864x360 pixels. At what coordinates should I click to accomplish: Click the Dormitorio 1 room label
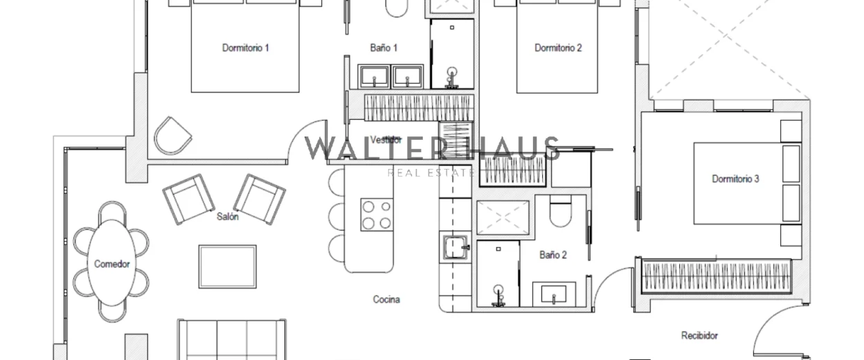click(245, 48)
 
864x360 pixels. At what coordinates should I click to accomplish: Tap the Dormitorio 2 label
click(558, 48)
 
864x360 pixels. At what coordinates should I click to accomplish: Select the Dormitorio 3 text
click(735, 179)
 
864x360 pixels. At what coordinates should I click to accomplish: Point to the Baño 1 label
click(384, 48)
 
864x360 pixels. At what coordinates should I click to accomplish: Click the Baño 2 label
click(553, 255)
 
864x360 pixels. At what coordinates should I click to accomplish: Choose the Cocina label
click(386, 300)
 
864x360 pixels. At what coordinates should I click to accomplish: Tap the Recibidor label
click(699, 336)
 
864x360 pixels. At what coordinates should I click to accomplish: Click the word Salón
click(227, 217)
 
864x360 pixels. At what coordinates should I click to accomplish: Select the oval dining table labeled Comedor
click(111, 264)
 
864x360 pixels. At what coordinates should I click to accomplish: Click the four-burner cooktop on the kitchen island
click(377, 214)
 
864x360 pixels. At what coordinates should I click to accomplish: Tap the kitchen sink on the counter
click(456, 247)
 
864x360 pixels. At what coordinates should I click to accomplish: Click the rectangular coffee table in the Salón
click(227, 267)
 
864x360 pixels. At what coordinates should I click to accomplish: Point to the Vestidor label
click(386, 140)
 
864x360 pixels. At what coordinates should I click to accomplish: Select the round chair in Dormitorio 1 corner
click(172, 135)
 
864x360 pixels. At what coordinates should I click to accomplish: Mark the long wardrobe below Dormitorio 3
click(716, 275)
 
